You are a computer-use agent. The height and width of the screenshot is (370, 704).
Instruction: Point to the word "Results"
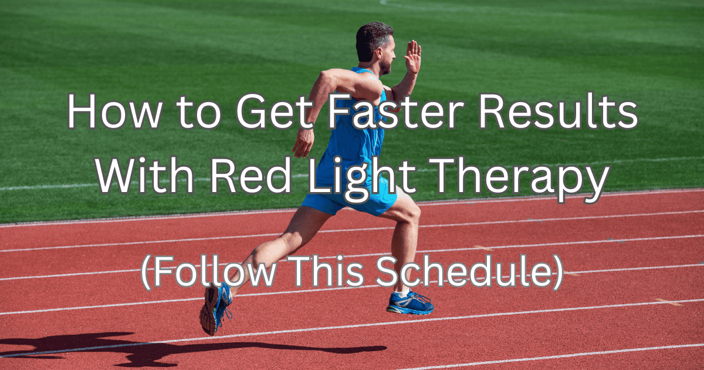click(558, 112)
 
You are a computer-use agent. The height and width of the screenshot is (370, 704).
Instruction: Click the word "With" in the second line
click(144, 175)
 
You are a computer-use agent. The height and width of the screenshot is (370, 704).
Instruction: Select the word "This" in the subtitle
click(327, 271)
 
